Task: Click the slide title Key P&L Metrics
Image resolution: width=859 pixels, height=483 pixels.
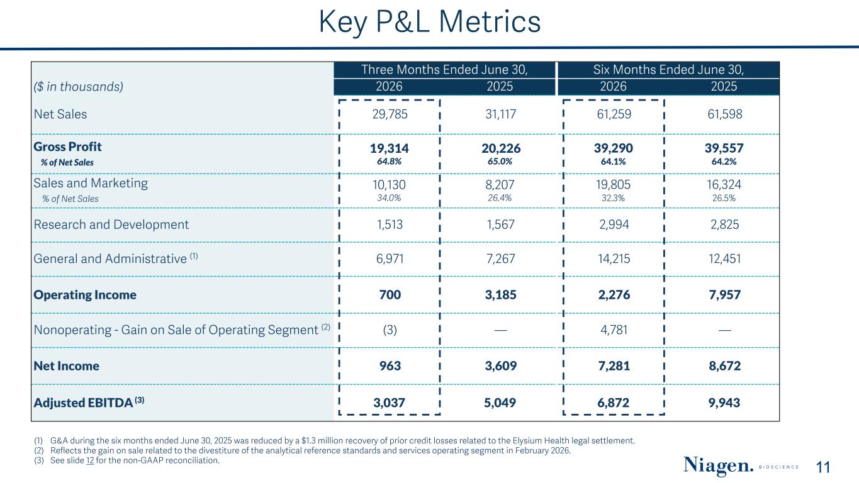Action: (429, 22)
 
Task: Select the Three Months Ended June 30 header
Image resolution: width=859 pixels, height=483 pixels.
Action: (444, 69)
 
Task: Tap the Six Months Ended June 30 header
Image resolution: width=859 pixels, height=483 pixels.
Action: (668, 69)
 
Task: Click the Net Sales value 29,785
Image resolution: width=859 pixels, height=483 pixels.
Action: (390, 114)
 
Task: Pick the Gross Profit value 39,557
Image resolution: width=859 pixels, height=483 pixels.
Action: (724, 148)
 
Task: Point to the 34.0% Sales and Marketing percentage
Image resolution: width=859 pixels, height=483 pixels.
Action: (389, 198)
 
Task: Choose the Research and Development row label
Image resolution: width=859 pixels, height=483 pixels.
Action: (111, 225)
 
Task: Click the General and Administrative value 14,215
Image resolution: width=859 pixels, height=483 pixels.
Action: (614, 258)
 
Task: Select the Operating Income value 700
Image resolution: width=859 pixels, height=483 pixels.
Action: (390, 295)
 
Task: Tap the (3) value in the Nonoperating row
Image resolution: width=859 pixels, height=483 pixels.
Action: (390, 330)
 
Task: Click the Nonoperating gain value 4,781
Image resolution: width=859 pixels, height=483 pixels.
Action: (614, 330)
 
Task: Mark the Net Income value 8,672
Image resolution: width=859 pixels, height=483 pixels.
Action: (724, 366)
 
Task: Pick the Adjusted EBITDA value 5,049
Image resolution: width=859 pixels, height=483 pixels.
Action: (500, 403)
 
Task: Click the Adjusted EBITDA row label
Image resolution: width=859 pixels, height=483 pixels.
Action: (89, 402)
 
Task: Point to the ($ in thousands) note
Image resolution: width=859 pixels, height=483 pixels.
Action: (79, 87)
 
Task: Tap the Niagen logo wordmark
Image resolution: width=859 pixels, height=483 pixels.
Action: (718, 465)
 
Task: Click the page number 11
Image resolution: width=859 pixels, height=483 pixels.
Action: (823, 468)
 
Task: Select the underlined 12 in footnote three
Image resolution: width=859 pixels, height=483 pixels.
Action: (90, 460)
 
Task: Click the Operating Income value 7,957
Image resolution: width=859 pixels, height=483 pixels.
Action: (724, 295)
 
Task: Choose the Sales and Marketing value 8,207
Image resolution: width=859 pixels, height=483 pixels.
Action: (500, 185)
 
